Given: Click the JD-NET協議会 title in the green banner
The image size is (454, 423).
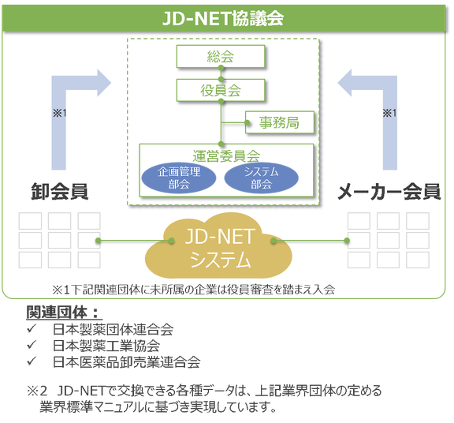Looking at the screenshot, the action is click(223, 18).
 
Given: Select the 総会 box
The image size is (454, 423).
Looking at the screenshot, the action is click(221, 56).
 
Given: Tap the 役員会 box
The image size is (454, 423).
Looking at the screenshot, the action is click(221, 90).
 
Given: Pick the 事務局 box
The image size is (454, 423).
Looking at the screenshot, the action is click(279, 122).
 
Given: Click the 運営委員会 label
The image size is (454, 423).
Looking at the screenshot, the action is click(226, 156).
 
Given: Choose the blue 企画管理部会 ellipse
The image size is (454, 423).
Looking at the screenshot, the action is click(179, 178).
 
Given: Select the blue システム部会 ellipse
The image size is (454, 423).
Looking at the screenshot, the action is click(261, 178).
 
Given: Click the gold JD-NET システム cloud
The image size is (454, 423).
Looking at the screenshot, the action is click(218, 246).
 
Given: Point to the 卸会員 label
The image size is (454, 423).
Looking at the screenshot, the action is click(59, 191).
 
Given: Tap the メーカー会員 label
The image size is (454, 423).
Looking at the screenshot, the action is click(389, 192).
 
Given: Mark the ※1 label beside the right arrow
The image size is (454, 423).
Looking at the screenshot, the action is click(389, 113).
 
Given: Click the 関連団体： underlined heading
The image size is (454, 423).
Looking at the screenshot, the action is click(63, 313).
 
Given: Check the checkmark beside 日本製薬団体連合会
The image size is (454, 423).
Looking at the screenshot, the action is click(32, 328).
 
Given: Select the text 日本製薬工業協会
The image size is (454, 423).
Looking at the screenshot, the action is click(106, 346).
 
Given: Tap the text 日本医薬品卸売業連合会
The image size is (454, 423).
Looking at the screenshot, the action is click(127, 361).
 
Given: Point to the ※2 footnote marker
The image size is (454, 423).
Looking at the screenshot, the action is click(37, 391).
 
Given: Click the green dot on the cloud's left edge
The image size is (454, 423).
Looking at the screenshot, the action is click(171, 241).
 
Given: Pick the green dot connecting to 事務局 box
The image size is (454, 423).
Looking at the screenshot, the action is click(247, 122).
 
